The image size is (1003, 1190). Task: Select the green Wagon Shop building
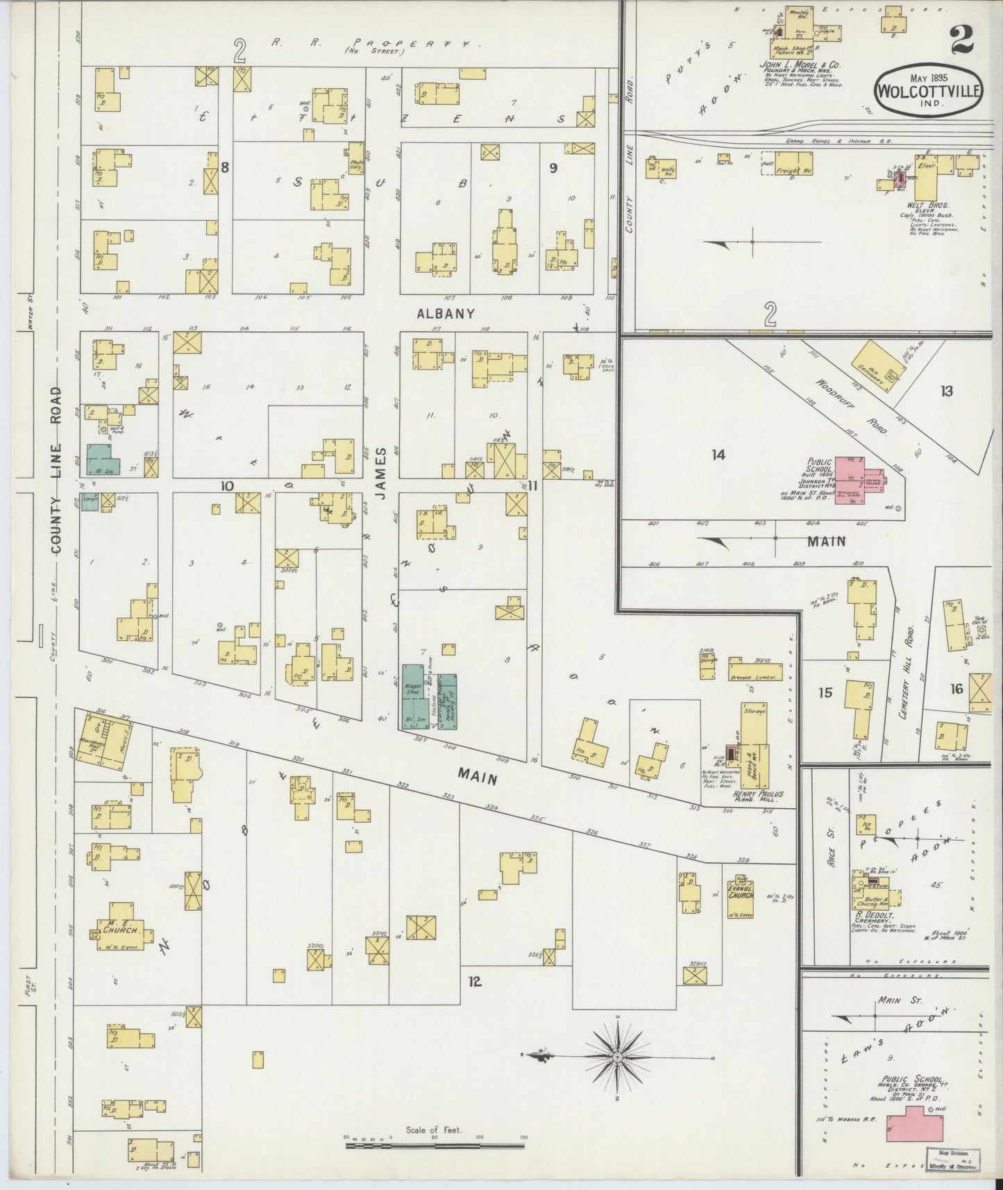click(x=417, y=696)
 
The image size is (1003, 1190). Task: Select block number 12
click(x=474, y=982)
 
